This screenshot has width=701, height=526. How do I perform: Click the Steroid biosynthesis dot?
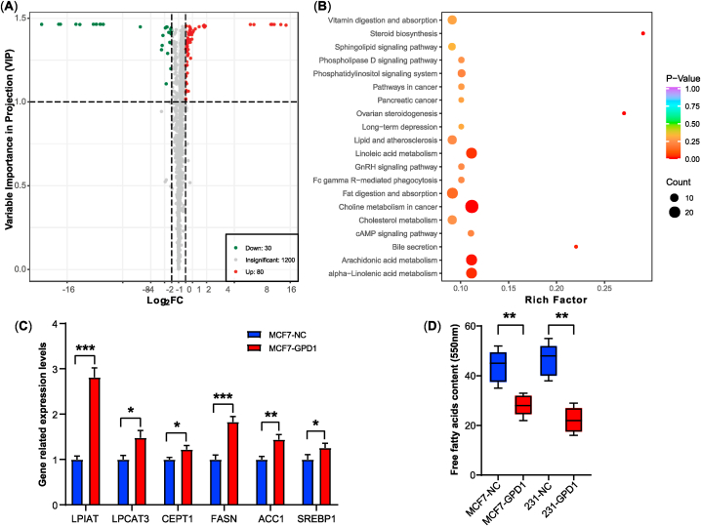tap(643, 33)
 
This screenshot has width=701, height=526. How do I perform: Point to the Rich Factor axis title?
tap(526, 299)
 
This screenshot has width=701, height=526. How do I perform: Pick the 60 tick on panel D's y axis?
tap(464, 327)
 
